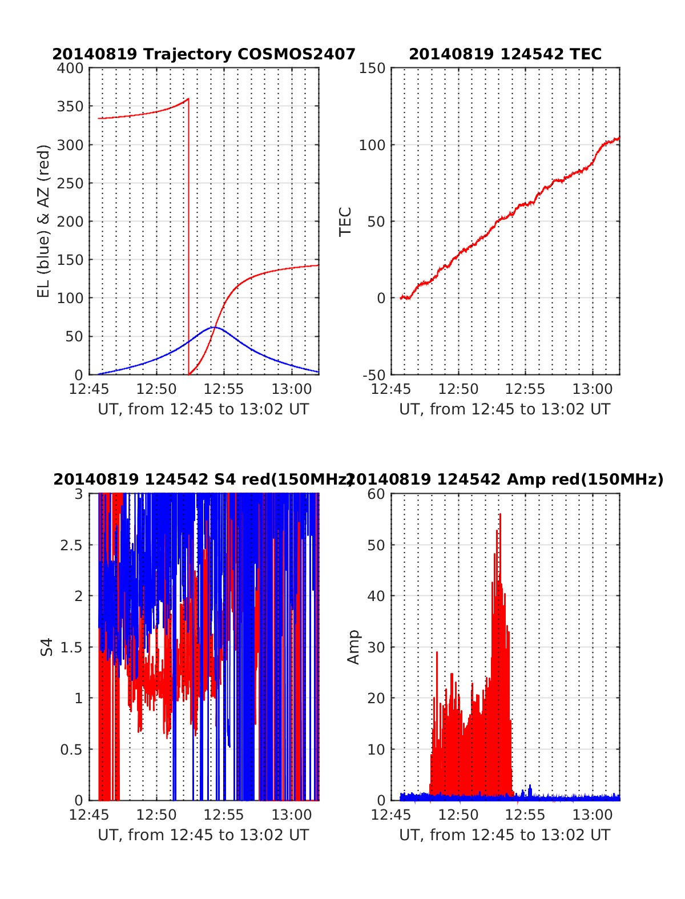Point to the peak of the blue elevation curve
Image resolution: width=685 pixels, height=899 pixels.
[213, 327]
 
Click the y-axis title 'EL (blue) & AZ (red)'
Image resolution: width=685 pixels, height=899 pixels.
[44, 221]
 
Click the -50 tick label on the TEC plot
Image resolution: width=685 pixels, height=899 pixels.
[374, 375]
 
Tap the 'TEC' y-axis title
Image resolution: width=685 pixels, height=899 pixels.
[345, 221]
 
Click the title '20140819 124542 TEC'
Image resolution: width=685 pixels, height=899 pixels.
[505, 54]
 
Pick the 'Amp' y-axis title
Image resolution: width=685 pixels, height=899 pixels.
[354, 647]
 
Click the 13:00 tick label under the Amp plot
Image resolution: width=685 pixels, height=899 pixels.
[593, 815]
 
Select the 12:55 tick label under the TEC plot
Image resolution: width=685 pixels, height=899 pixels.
[525, 389]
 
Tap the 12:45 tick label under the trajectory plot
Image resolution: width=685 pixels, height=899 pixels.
[88, 389]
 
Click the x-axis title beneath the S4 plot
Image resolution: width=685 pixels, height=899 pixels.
[203, 835]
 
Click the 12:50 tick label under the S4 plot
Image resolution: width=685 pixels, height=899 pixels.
[156, 815]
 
